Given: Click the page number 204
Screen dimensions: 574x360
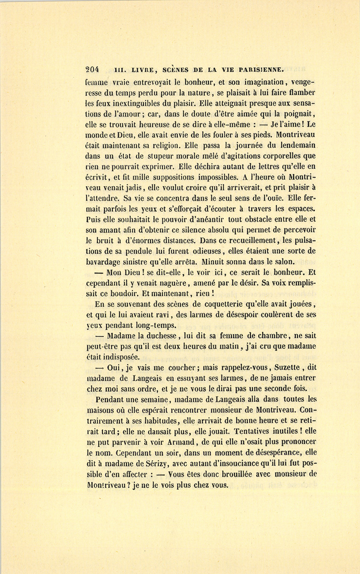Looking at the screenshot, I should (x=92, y=69).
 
